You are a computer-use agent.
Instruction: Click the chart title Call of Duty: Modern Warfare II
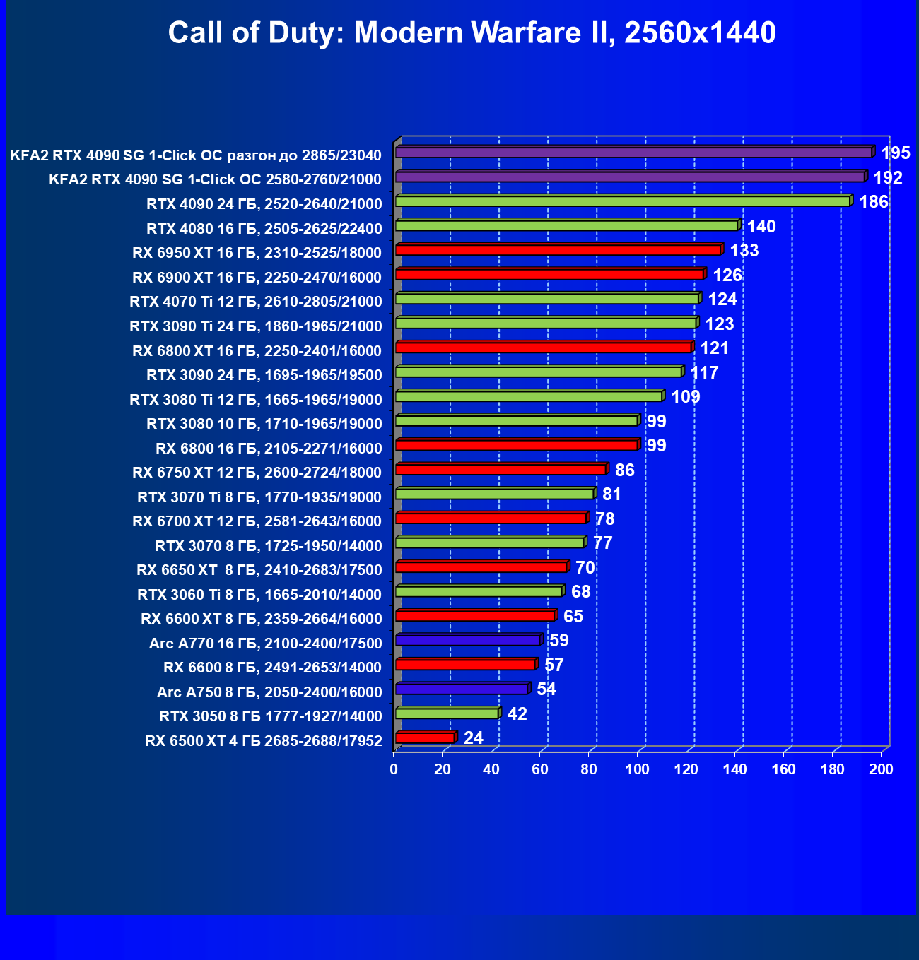click(x=472, y=33)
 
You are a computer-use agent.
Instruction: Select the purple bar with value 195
click(x=633, y=153)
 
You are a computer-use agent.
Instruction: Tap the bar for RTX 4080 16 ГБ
click(x=566, y=226)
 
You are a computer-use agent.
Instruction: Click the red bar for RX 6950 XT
click(x=558, y=250)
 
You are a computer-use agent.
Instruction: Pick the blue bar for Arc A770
click(x=467, y=641)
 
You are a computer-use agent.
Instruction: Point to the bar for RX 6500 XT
click(x=425, y=738)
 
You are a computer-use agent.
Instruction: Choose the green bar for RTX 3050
click(x=447, y=713)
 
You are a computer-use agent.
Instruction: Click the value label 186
click(x=874, y=202)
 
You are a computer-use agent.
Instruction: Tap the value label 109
click(x=686, y=397)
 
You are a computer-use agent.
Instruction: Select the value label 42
click(x=517, y=714)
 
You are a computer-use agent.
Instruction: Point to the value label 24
click(x=474, y=738)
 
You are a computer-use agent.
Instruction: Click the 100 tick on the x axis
click(x=638, y=769)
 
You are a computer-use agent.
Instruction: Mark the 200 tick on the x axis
click(x=881, y=769)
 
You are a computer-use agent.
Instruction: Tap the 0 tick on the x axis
click(x=394, y=769)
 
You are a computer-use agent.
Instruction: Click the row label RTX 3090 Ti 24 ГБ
click(x=256, y=326)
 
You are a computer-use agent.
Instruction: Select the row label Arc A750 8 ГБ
click(x=269, y=692)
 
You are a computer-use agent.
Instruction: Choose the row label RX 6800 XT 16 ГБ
click(x=257, y=351)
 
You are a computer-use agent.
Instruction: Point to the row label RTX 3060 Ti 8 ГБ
click(x=259, y=595)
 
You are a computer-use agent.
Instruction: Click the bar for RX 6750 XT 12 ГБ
click(x=501, y=470)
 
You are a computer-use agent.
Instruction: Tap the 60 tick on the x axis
click(x=540, y=769)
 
